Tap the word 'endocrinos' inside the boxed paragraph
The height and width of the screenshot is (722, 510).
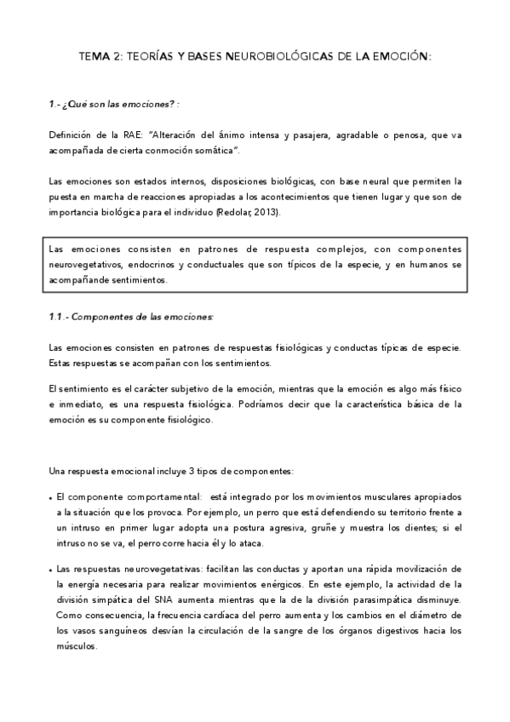point(152,265)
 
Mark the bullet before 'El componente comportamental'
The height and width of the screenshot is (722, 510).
point(51,496)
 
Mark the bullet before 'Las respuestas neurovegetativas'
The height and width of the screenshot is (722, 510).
point(51,568)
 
